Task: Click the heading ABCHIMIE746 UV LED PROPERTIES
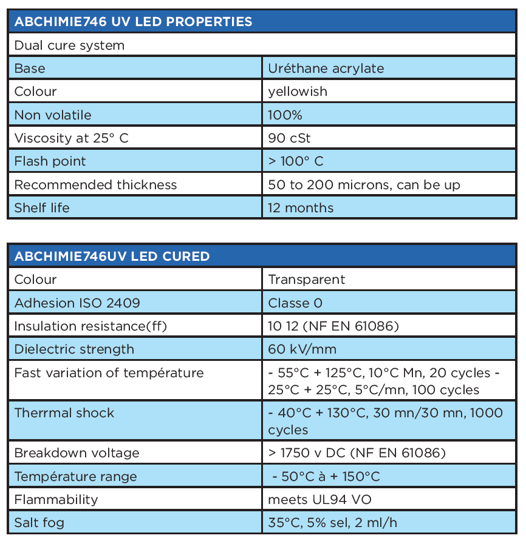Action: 133,22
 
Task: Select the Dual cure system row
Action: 69,45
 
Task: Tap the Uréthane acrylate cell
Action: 326,69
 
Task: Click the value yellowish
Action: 298,92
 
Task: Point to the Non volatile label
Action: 53,115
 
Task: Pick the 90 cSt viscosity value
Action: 289,138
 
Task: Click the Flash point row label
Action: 50,161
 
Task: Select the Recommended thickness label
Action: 95,185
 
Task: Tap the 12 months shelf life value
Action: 301,208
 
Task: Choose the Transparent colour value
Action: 306,280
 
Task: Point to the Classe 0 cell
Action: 295,303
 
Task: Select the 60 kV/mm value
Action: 302,349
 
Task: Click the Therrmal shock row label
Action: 64,413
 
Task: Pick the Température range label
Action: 75,477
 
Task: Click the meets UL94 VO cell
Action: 319,500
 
